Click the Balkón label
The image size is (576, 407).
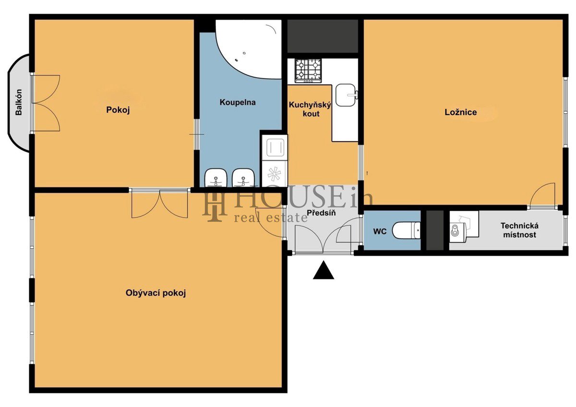click(19, 102)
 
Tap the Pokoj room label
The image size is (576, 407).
click(118, 110)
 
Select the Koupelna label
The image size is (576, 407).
click(238, 102)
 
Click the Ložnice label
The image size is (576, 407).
click(461, 112)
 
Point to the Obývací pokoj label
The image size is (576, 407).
click(156, 293)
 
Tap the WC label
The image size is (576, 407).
click(380, 231)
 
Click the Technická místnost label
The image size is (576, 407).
click(519, 230)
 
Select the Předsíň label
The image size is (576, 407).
click(321, 213)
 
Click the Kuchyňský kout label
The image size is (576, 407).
click(311, 109)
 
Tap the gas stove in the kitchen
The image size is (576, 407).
click(308, 71)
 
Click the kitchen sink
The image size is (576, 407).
click(347, 95)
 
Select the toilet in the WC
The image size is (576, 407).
click(406, 230)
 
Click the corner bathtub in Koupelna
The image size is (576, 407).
click(249, 49)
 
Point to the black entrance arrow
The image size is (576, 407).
click(324, 270)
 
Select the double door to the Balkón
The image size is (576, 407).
click(46, 103)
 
